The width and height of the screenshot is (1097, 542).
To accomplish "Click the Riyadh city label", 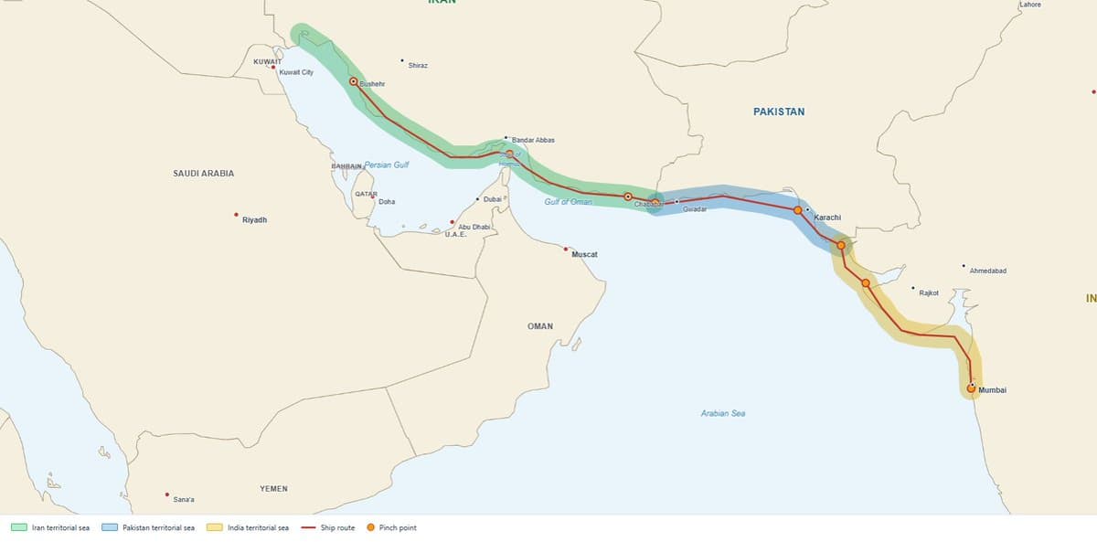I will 255,220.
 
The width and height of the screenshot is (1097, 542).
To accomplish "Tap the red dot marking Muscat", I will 566,249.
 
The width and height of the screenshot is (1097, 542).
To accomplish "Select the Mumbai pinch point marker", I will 971,388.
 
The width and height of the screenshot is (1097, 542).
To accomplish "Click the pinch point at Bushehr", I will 354,81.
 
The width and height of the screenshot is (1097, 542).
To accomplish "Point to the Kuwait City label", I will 296,72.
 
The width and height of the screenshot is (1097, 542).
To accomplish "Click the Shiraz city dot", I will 402,61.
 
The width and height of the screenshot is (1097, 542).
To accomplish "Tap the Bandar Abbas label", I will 533,140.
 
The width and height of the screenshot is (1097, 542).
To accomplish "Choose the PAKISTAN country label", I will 779,112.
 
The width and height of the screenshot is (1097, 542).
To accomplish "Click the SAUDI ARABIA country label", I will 204,173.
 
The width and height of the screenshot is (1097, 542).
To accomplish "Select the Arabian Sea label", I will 723,414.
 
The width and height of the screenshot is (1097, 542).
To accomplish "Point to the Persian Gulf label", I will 387,165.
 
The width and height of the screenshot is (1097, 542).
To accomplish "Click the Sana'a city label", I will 184,499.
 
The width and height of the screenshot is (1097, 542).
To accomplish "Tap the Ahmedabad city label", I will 988,271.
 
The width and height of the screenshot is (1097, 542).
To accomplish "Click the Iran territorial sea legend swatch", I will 18,527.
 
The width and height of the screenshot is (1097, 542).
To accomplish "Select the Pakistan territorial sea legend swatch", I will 111,527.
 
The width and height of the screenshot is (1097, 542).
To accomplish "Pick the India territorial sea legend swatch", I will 215,527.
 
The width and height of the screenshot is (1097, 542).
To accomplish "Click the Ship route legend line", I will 308,527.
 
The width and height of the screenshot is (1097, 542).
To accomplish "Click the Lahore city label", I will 1029,5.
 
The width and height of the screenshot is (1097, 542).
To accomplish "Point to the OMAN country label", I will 540,326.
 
